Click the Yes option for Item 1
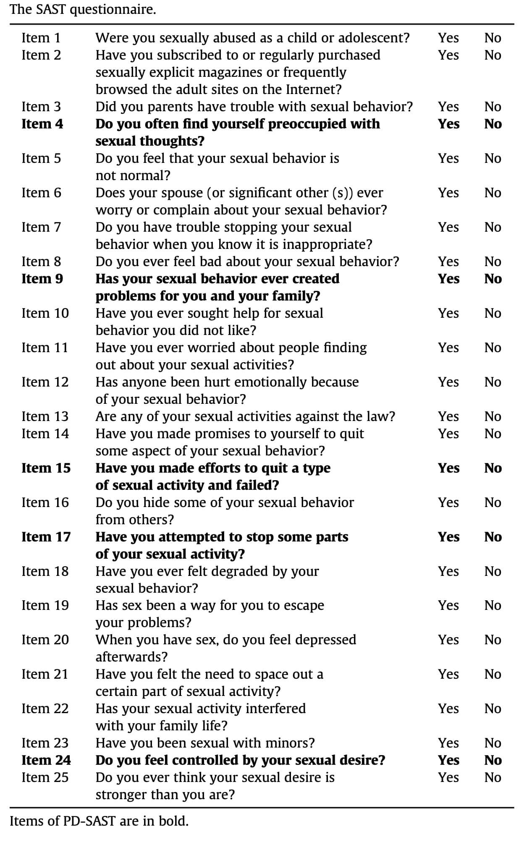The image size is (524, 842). pyautogui.click(x=448, y=38)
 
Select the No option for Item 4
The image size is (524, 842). pyautogui.click(x=493, y=124)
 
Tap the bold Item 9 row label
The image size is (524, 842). pyautogui.click(x=42, y=279)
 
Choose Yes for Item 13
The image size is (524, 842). pyautogui.click(x=448, y=416)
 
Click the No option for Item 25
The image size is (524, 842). pyautogui.click(x=493, y=778)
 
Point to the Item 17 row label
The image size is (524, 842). pyautogui.click(x=46, y=537)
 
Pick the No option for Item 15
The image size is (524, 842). pyautogui.click(x=493, y=468)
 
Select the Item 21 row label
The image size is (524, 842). pyautogui.click(x=45, y=675)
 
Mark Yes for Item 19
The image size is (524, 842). pyautogui.click(x=448, y=605)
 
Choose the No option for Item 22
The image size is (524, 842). pyautogui.click(x=493, y=709)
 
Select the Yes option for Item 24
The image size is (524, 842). pyautogui.click(x=448, y=761)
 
